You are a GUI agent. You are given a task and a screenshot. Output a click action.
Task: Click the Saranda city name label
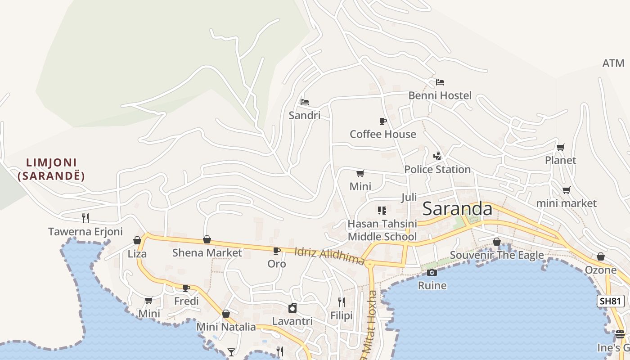[x=458, y=209]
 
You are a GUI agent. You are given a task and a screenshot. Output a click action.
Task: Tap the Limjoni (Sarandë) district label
[x=51, y=169]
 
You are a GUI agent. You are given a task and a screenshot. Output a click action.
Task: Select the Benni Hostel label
[x=440, y=95]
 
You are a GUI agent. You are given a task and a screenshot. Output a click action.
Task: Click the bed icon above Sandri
[x=305, y=102]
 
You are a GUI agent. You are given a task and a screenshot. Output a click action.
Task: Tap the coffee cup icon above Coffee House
[x=382, y=121]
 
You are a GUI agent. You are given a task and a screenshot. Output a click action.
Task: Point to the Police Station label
[x=437, y=169]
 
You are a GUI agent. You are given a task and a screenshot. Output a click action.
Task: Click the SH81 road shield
[x=611, y=301]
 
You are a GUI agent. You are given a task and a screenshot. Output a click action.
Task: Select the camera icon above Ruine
[x=432, y=272]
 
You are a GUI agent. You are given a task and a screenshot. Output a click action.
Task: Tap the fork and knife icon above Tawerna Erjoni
[x=85, y=218]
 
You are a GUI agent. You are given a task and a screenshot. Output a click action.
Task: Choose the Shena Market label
[x=207, y=253]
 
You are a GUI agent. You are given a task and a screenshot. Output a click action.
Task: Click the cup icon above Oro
[x=276, y=251]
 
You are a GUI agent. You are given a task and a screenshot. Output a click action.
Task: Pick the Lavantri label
[x=292, y=321]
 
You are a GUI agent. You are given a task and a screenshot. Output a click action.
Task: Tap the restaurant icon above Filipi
[x=342, y=302]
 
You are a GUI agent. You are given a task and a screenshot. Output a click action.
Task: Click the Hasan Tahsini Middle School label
[x=382, y=230]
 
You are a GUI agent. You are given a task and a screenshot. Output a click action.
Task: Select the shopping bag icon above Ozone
[x=600, y=257]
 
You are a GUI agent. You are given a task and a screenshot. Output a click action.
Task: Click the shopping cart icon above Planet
[x=560, y=147]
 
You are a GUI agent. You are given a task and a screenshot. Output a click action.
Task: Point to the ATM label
[x=613, y=63]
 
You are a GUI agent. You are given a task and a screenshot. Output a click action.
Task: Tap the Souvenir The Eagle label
[x=497, y=255]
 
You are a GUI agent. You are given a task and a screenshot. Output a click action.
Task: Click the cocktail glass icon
[x=231, y=352]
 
